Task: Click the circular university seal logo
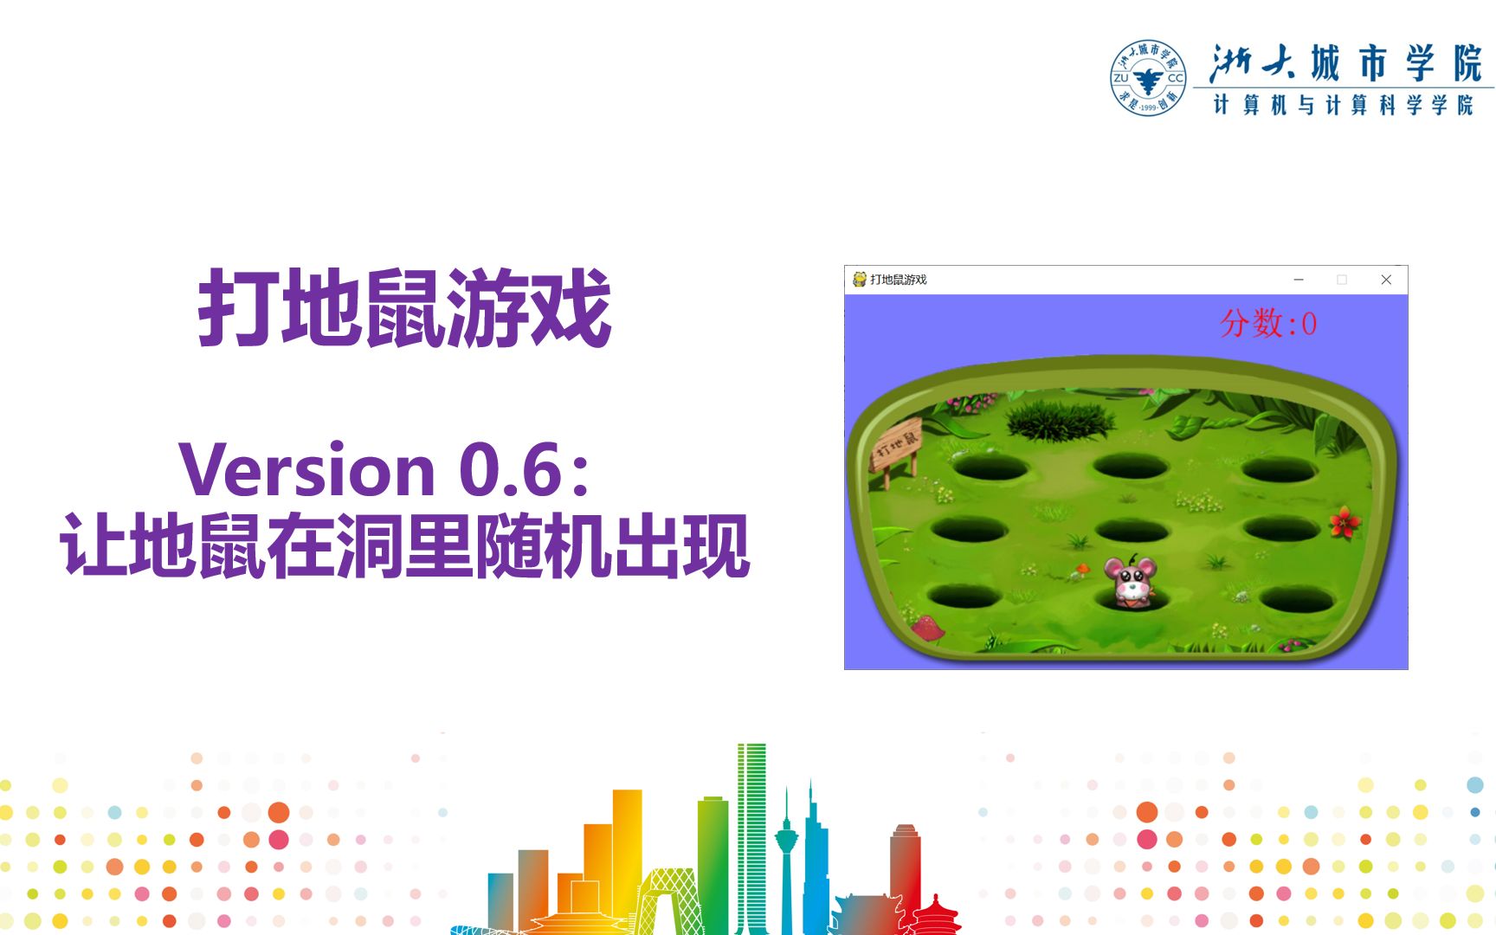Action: [1148, 78]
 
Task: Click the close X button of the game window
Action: [1386, 280]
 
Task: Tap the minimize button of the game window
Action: [1299, 280]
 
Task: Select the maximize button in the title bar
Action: [1342, 280]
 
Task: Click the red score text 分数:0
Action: [1268, 324]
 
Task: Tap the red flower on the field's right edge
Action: [1344, 522]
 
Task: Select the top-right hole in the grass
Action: [1279, 471]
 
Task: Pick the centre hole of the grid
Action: [1132, 530]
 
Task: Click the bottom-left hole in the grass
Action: [963, 596]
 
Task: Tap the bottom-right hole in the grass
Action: [1296, 599]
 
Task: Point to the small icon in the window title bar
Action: [860, 280]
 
